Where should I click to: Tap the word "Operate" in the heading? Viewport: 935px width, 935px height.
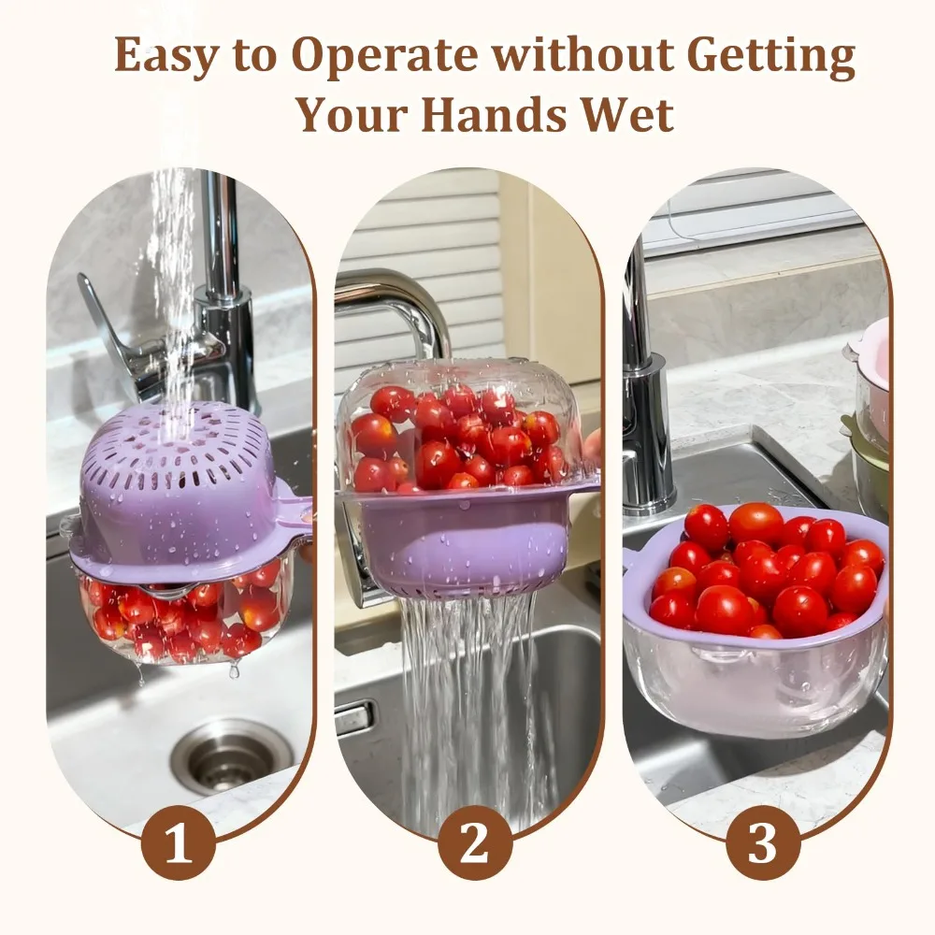point(387,58)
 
